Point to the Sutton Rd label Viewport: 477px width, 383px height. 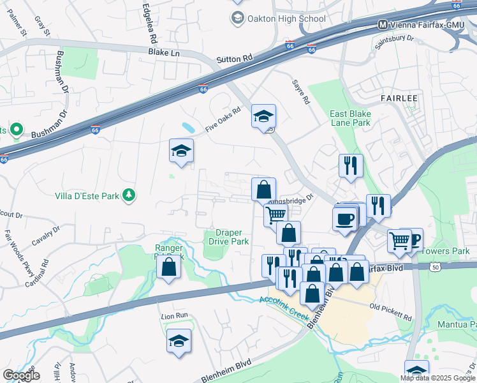click(x=234, y=59)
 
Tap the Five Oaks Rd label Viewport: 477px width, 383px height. click(x=223, y=119)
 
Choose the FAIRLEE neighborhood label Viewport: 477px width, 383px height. click(x=399, y=98)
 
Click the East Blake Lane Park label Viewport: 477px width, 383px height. click(x=349, y=118)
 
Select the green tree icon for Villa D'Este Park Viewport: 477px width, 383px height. click(x=129, y=195)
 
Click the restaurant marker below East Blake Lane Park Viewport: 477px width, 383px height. click(x=350, y=166)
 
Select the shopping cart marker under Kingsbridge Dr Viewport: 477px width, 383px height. click(x=275, y=215)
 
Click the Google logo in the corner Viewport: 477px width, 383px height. click(x=21, y=375)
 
